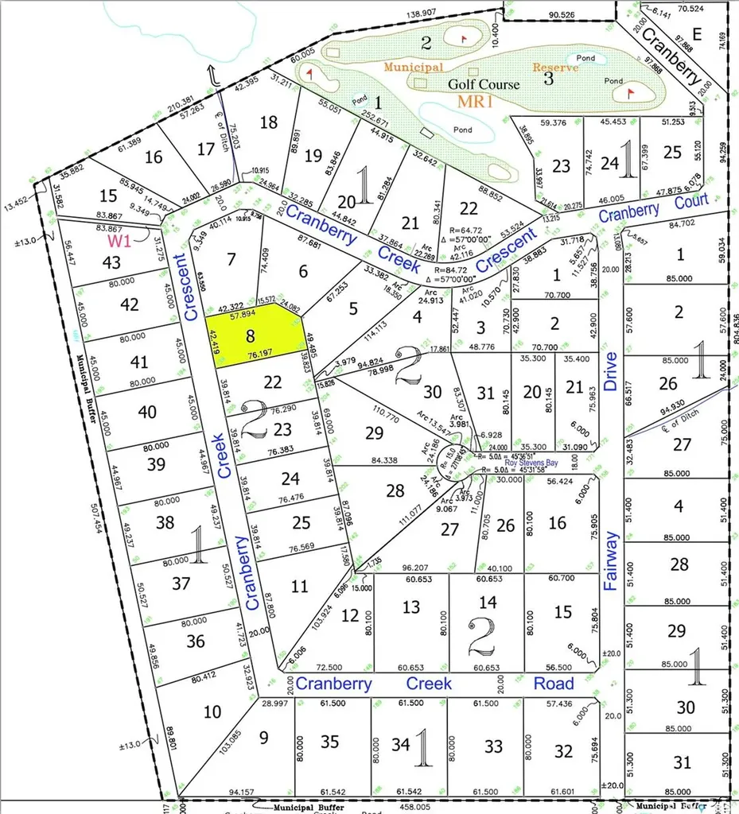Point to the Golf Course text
click(484, 84)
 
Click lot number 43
click(111, 262)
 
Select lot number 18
click(269, 122)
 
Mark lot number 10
click(212, 711)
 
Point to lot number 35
click(329, 743)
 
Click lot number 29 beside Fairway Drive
click(677, 631)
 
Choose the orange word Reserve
click(555, 68)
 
